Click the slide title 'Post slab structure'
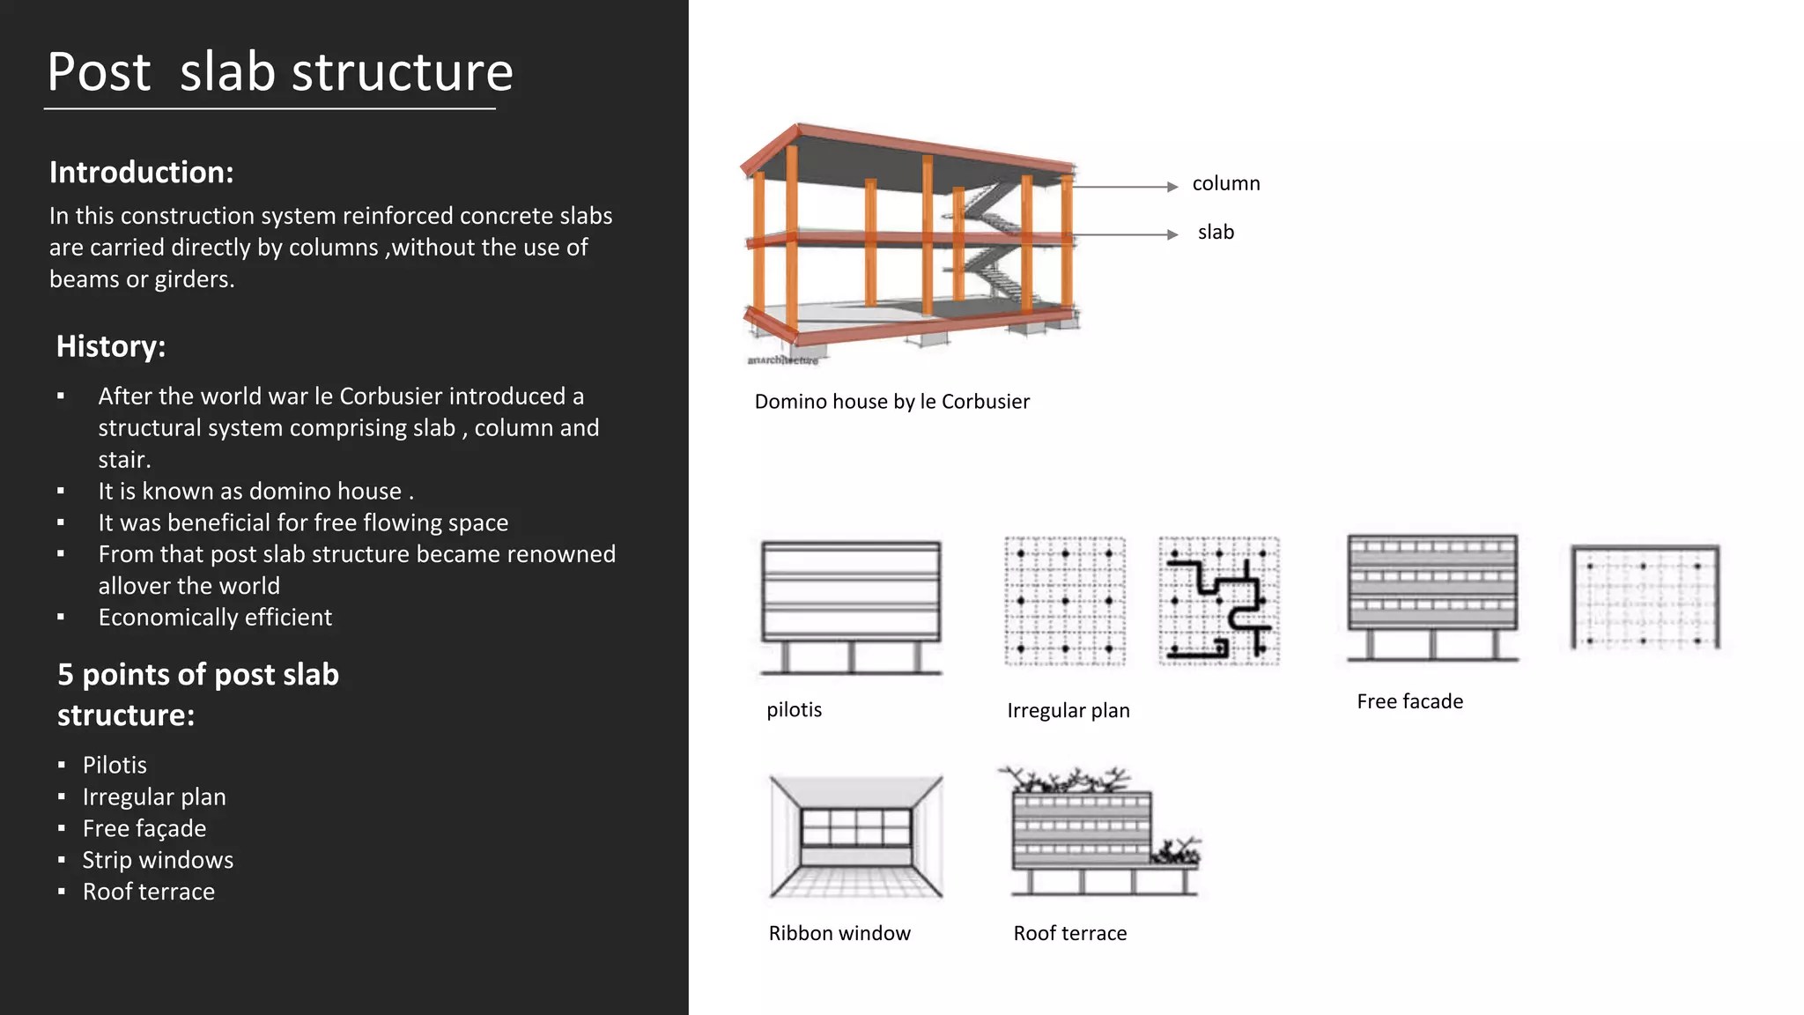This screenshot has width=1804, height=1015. (279, 72)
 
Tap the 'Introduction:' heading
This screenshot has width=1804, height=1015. (141, 172)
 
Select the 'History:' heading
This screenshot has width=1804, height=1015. (111, 346)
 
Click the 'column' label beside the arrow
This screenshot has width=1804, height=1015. (1225, 183)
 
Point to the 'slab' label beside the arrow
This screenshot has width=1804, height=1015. (1216, 232)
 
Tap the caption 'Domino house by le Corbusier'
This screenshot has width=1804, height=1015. (891, 402)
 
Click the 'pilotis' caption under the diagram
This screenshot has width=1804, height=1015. (794, 709)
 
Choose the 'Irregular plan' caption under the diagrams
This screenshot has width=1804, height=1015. (1068, 710)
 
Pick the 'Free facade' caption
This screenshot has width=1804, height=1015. (1409, 701)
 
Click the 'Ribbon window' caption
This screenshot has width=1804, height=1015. (839, 933)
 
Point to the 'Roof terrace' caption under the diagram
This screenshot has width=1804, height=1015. (1069, 933)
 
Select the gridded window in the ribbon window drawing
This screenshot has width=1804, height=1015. (855, 828)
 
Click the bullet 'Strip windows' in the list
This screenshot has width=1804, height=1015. (158, 860)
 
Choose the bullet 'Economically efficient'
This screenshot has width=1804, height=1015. (215, 617)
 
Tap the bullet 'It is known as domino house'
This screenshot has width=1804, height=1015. (255, 491)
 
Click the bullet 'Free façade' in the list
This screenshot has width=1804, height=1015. (144, 828)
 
